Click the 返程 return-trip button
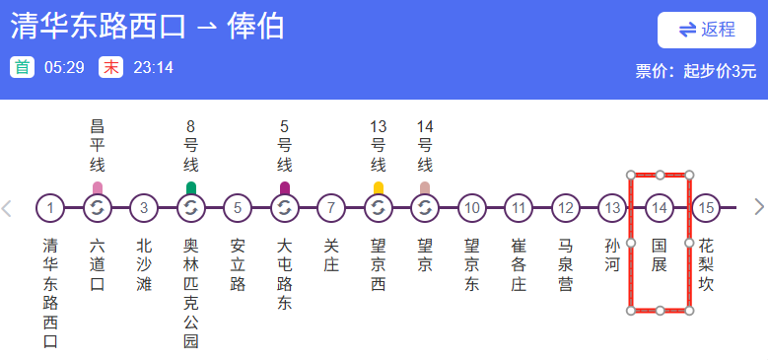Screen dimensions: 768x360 (707, 30)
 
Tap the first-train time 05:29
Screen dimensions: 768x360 (64, 67)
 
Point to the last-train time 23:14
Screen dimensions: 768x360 (153, 67)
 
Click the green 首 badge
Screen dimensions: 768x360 (22, 67)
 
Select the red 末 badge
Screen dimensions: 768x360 (110, 67)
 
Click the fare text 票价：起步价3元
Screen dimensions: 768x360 (695, 70)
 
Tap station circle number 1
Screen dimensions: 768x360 (49, 208)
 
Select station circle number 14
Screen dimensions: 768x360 (660, 208)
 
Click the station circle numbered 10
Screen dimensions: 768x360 (472, 208)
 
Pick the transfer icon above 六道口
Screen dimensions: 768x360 (97, 208)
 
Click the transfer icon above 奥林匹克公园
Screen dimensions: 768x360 (190, 208)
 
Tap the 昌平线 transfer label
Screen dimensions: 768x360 (97, 146)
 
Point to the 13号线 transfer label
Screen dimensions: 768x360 (379, 146)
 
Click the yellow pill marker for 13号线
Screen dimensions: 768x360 (379, 187)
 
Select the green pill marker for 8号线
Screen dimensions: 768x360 (190, 187)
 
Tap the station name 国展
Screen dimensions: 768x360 (660, 254)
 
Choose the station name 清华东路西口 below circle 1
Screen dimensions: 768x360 (49, 293)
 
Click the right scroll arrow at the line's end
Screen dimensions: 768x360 (758, 208)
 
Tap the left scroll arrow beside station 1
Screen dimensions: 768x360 (8, 208)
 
